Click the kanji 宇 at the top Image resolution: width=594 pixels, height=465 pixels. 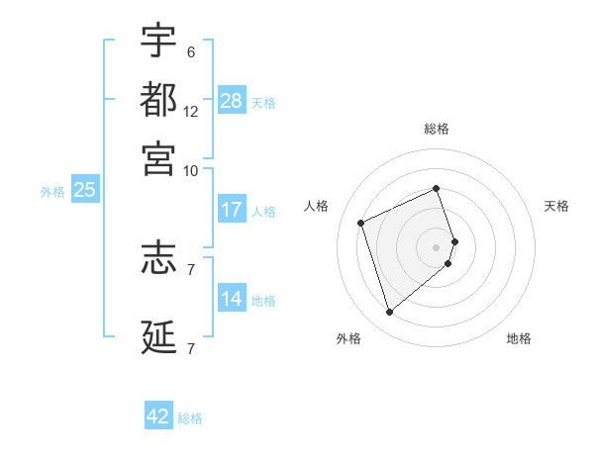pos(158,41)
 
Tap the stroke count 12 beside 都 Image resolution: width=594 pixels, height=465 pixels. pos(191,112)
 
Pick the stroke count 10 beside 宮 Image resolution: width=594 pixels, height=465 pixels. pos(191,170)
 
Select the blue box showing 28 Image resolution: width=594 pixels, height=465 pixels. pos(232,101)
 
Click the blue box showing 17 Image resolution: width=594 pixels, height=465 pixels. pos(232,210)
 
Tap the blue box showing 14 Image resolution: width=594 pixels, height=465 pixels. pos(232,299)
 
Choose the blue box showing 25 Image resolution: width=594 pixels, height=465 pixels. pos(84,190)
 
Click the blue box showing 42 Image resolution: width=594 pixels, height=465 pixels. pos(158,417)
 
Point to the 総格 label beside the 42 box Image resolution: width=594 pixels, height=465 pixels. pos(190,418)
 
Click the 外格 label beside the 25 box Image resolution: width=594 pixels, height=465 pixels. pos(52,192)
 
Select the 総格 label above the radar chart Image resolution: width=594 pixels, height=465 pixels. pos(437,129)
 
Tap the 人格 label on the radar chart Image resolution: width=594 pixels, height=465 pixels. pos(317,206)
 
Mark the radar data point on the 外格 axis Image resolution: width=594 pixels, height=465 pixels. pos(389,313)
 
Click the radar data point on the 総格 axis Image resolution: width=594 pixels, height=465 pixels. pos(437,188)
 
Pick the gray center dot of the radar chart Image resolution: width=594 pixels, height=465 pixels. pos(437,246)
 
